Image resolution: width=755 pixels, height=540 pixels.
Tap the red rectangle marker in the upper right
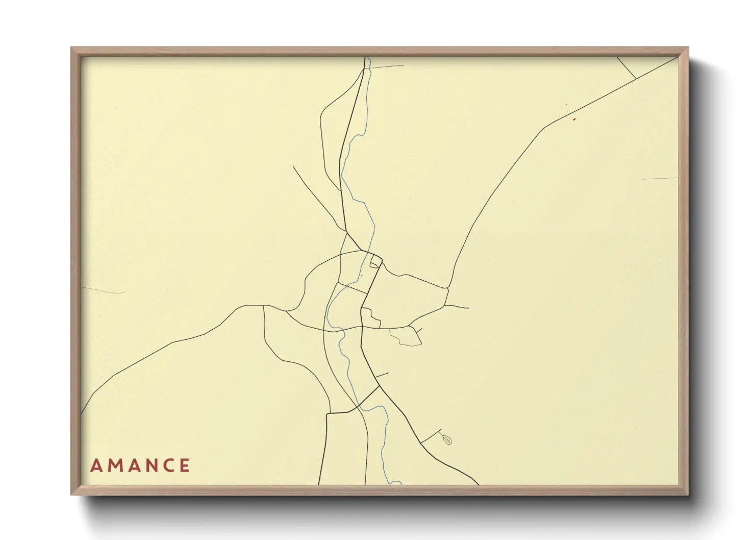point(574,119)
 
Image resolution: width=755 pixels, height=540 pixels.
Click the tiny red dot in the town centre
point(361,276)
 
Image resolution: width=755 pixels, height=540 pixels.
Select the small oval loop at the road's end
point(447,439)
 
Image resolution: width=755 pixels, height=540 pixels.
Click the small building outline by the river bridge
point(375,262)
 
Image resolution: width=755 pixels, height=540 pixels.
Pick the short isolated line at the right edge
point(660,179)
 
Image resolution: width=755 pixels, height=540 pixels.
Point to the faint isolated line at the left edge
point(104,290)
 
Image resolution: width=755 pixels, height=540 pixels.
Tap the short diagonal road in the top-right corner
point(626,68)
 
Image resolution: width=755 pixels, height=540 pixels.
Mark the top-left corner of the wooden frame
point(71,48)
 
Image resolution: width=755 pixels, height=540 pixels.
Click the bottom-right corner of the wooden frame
point(688,494)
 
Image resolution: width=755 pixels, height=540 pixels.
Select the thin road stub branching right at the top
point(386,66)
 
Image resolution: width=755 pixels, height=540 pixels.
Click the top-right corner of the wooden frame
point(688,48)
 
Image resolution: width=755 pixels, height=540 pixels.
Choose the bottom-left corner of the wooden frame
point(71,494)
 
